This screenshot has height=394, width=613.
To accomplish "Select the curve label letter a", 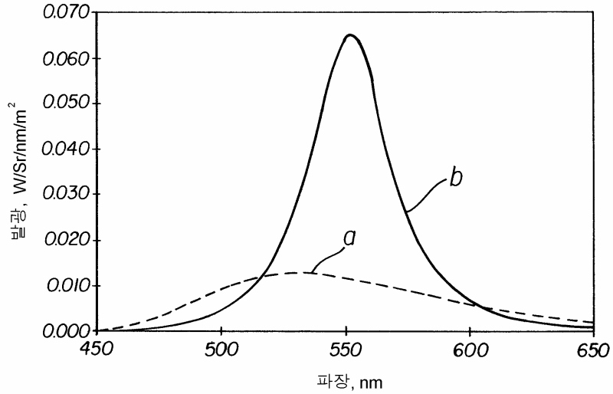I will [350, 238].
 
